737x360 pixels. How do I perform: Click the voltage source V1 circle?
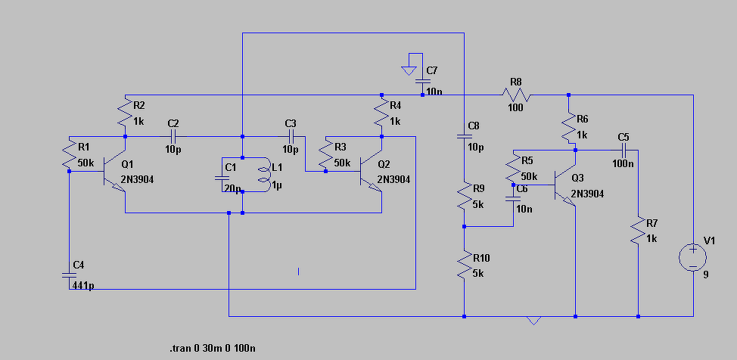[693, 257]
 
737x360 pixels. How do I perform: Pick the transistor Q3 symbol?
[564, 185]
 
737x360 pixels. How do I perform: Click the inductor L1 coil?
[263, 175]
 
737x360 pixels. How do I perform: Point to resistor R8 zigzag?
[515, 95]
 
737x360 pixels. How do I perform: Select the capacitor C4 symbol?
[69, 274]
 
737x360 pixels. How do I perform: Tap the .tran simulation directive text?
[213, 348]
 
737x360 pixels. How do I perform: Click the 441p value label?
[84, 285]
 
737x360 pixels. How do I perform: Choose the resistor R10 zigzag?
[465, 265]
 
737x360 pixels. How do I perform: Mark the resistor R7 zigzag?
[638, 230]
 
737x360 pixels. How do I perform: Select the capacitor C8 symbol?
[464, 136]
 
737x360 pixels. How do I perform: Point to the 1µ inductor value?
[277, 186]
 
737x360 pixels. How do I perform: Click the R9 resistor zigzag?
[465, 196]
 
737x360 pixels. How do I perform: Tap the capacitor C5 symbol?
[624, 150]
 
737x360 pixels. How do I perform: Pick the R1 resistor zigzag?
[69, 155]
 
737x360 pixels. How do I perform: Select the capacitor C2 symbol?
[173, 137]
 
